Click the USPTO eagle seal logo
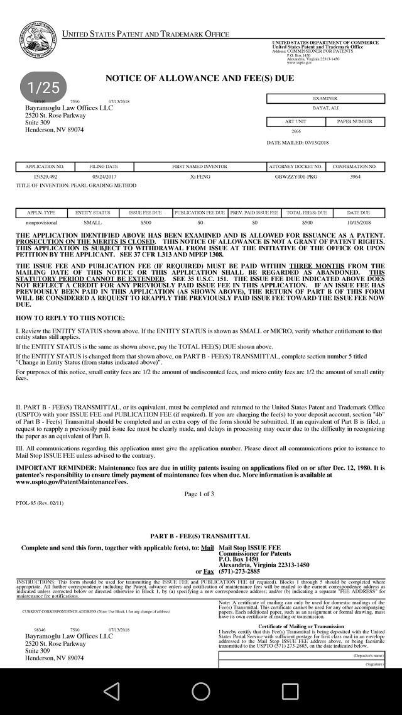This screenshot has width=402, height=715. point(38,38)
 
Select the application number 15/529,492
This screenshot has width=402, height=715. point(50,177)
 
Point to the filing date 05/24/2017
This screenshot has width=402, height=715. point(105,177)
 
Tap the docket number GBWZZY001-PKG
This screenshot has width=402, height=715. point(295,177)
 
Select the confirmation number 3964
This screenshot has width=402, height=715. point(355,177)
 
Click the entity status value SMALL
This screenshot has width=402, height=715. point(92,223)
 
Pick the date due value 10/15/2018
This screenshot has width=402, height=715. point(358,223)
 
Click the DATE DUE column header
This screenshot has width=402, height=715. point(358,213)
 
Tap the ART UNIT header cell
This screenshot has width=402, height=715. point(295,121)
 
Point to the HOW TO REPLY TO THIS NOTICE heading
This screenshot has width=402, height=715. point(70,318)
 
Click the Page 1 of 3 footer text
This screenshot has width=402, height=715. point(199,494)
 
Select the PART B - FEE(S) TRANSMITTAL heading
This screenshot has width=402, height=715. point(200,536)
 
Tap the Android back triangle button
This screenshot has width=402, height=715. point(111,691)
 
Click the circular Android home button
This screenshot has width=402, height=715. point(201,691)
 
